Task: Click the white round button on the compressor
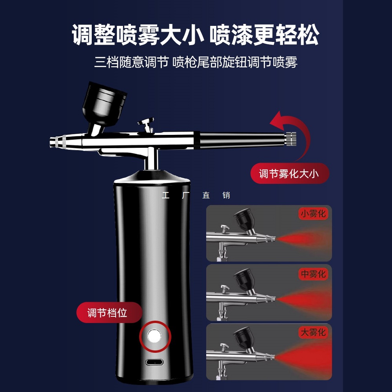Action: click(154, 336)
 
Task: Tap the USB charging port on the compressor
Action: click(154, 362)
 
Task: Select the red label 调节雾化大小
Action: click(290, 174)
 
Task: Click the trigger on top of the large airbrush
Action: click(146, 124)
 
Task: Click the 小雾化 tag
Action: click(313, 214)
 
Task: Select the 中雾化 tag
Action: click(313, 274)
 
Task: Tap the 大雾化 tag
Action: click(313, 332)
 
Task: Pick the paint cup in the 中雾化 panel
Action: click(245, 279)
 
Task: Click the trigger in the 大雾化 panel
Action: click(224, 347)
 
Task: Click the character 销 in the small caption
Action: click(226, 195)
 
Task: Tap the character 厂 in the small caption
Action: click(185, 195)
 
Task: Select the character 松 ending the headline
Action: click(308, 35)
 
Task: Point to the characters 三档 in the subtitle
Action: click(106, 62)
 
